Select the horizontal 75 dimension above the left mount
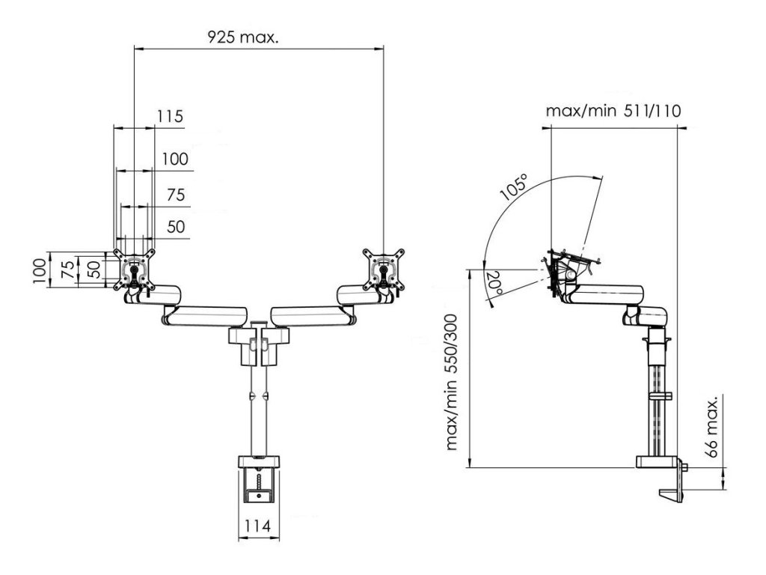coord(175,195)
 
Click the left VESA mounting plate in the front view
coord(135,269)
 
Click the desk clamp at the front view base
coord(259,479)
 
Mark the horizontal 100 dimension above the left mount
coord(174,159)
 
